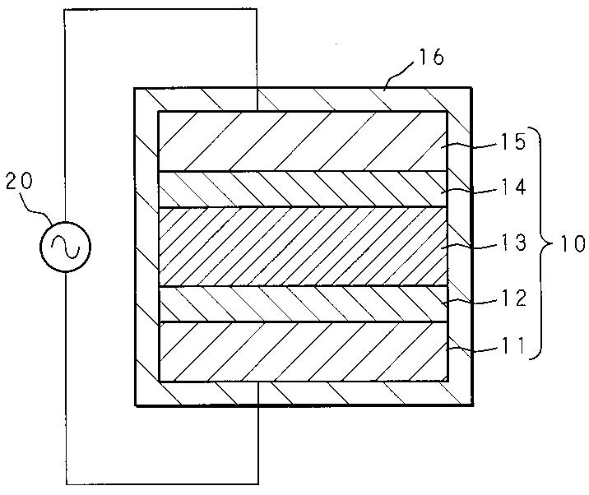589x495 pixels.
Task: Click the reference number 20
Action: (x=19, y=182)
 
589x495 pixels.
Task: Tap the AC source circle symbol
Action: (x=65, y=246)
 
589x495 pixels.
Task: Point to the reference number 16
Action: (x=432, y=58)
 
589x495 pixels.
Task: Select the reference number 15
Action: (x=512, y=143)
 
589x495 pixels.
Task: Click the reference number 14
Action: (x=513, y=187)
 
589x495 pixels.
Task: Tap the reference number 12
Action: (x=513, y=298)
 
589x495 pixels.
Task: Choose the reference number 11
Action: (x=512, y=345)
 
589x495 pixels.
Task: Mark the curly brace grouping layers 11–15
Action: (x=541, y=243)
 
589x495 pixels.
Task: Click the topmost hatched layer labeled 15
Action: (x=304, y=141)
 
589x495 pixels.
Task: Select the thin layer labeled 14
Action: (x=304, y=189)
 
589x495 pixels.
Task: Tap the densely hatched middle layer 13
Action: (x=304, y=247)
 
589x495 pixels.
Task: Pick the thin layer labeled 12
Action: (x=304, y=304)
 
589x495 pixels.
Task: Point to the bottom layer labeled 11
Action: (x=304, y=352)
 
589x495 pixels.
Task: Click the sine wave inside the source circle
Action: (x=66, y=246)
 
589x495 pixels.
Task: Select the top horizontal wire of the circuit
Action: (x=160, y=9)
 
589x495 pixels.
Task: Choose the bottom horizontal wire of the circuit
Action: (x=162, y=483)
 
